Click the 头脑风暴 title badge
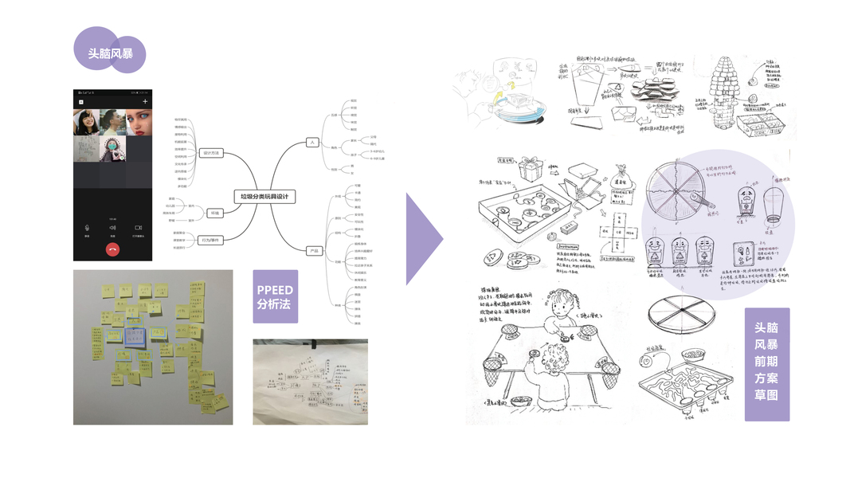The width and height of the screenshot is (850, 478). coord(110,53)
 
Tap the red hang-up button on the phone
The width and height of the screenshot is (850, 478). coord(112,249)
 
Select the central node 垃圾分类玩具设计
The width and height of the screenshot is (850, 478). coord(265,196)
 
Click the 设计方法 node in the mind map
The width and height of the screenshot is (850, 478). coord(211,153)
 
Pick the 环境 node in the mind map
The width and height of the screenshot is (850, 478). coord(214,213)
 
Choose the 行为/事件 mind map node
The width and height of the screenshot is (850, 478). coord(211,239)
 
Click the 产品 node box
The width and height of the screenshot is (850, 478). coord(315,251)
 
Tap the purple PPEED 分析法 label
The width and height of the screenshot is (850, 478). coord(275,296)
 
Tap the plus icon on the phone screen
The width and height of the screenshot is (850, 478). coord(145,102)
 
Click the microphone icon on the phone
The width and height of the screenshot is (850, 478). coord(87,228)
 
